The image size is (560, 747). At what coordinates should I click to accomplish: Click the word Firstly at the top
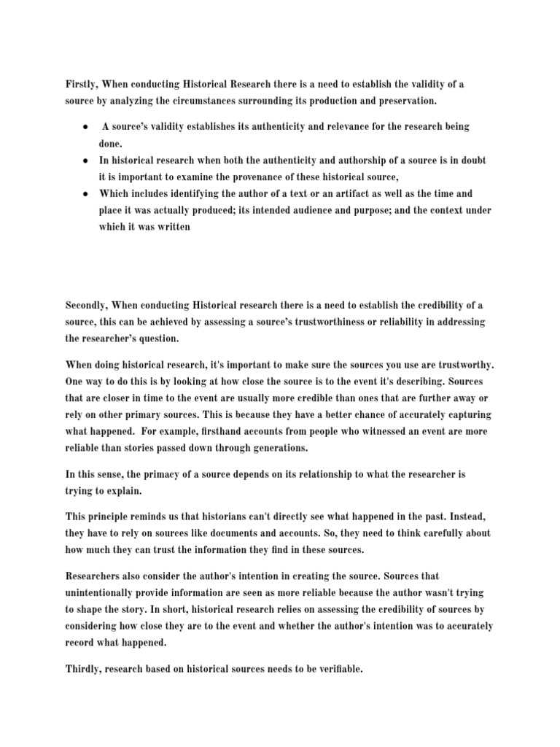pos(82,85)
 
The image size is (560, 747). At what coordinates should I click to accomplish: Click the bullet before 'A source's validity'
pos(85,128)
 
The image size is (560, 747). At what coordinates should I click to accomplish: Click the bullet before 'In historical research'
pos(85,160)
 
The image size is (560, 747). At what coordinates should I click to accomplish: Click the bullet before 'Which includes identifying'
pos(85,194)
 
